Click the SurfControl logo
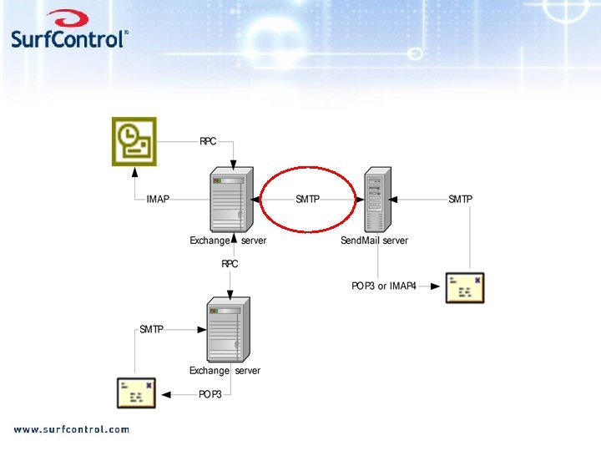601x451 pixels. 70,31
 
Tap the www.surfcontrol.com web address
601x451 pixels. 71,429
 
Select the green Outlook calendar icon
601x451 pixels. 134,142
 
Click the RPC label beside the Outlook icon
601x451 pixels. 208,141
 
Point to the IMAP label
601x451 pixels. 158,200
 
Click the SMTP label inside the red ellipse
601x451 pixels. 307,200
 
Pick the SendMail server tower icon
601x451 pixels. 376,200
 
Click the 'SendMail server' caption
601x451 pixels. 374,241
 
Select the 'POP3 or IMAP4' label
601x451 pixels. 383,286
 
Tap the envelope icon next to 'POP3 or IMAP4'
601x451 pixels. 465,287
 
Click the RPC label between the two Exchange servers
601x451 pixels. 230,264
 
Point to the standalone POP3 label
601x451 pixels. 210,394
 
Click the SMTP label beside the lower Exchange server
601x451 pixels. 151,330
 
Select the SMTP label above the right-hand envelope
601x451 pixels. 460,200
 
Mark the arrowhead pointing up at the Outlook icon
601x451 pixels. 134,173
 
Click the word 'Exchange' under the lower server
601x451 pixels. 209,371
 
